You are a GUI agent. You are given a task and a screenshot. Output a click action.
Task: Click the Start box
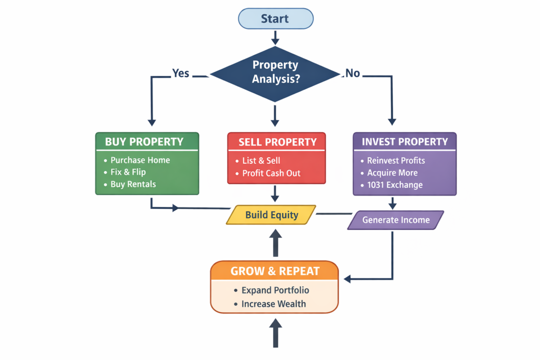pos(275,19)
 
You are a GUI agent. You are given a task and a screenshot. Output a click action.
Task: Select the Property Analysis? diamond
pos(275,73)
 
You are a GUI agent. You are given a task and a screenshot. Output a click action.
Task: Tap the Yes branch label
pos(181,73)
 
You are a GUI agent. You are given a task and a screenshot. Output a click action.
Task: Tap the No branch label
pos(353,73)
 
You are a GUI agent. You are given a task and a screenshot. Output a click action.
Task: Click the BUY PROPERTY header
pos(144,142)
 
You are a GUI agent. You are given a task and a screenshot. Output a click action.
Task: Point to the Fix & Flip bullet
pos(128,172)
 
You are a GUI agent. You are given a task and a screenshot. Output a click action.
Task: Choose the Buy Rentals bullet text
pos(133,184)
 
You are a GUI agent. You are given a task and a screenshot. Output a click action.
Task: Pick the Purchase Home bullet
pos(140,160)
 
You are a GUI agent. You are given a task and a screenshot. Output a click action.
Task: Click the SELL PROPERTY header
pos(277,142)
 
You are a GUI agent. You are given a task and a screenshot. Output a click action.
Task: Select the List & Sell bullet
pos(261,161)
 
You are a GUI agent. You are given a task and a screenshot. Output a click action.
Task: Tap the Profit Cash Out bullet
pos(271,173)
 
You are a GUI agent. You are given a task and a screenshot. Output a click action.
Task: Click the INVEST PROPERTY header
pos(404,142)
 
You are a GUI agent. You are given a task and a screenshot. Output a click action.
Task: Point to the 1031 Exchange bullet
pos(395,185)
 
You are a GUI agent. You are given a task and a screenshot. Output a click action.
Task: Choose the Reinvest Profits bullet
pos(396,161)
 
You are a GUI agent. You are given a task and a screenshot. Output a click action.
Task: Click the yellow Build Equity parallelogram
pos(271,215)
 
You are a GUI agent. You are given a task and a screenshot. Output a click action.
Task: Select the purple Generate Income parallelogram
pos(396,220)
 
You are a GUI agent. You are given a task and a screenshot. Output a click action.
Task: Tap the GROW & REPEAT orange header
pos(275,271)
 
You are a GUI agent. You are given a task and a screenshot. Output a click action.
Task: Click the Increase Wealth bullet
pos(274,304)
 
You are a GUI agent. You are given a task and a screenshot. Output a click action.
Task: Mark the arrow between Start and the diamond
pos(275,37)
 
